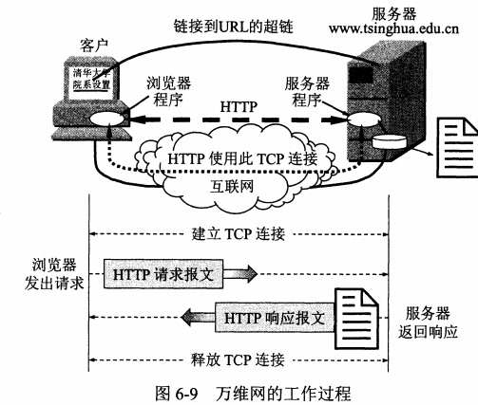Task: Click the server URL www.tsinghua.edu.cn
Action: click(393, 28)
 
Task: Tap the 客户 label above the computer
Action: click(94, 46)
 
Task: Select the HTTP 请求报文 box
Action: click(163, 274)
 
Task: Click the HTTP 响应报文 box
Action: click(275, 318)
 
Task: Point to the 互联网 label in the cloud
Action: click(232, 186)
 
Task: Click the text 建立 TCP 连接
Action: click(239, 234)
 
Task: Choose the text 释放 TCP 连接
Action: click(238, 359)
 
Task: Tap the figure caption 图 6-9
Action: click(177, 393)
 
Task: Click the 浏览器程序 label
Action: click(169, 91)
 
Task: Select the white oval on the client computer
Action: click(106, 120)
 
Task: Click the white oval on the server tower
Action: click(364, 120)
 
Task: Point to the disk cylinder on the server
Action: click(389, 142)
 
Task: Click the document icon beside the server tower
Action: click(457, 147)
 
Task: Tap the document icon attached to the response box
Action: click(356, 319)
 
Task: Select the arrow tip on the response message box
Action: click(182, 317)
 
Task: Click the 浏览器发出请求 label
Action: click(54, 274)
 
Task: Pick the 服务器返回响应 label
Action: click(428, 322)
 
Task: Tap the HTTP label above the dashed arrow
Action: click(239, 107)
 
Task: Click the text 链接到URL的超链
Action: click(234, 26)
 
